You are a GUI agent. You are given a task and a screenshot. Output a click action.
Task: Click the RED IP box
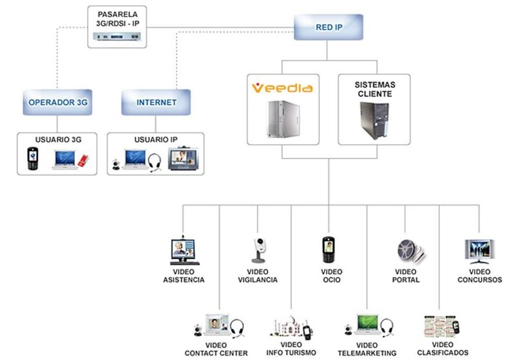pos(329,27)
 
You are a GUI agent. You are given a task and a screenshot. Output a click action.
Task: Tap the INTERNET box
pos(156,103)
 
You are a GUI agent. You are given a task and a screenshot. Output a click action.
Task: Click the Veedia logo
pos(282,88)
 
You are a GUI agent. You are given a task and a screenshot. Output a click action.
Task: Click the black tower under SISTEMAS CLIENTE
pos(373,120)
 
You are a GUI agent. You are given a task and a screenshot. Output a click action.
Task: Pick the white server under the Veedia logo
pos(282,119)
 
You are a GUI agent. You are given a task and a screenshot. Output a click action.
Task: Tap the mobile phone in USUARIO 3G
pos(33,159)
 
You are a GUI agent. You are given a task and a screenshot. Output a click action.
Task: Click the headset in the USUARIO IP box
pos(154,162)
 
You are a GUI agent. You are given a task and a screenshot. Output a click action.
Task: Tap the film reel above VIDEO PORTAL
pos(408,250)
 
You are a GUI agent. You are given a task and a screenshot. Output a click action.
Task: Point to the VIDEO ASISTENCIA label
pos(184,276)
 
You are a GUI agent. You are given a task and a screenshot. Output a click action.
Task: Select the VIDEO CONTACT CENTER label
pos(216,349)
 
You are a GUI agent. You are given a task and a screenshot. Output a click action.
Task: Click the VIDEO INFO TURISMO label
pos(291,349)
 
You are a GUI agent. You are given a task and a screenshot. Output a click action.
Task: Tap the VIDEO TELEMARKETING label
pos(367,349)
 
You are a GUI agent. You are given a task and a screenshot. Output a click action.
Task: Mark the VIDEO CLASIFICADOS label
pos(442,348)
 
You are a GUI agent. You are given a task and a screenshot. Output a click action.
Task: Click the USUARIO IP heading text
pos(156,140)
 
